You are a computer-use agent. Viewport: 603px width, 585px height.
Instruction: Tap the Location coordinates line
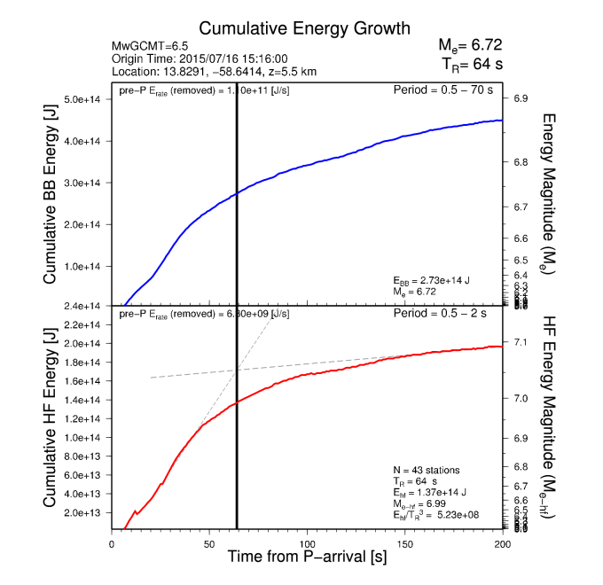point(215,71)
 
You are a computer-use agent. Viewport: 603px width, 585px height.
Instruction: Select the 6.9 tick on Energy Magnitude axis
point(521,99)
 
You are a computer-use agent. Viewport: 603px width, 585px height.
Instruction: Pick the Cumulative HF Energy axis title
point(50,417)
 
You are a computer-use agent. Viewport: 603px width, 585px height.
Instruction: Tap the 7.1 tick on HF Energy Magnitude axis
point(521,342)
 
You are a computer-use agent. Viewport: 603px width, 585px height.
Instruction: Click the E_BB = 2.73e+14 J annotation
point(431,280)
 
